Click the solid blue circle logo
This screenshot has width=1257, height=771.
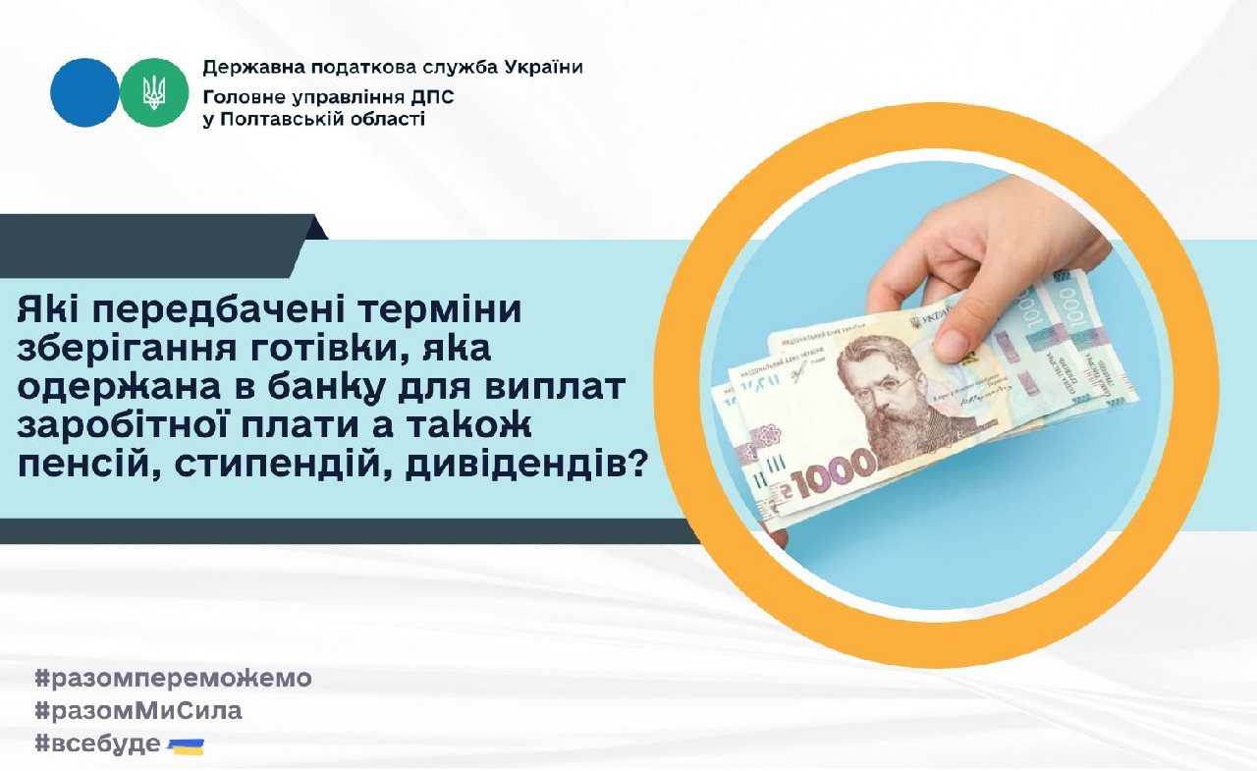[x=84, y=92]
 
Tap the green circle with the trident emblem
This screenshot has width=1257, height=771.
[x=154, y=92]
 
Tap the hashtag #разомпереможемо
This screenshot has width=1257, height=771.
[x=173, y=678]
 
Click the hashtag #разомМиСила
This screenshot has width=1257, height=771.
[x=138, y=710]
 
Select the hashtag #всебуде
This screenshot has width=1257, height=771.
[x=97, y=743]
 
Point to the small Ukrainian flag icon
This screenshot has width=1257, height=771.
[x=186, y=745]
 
